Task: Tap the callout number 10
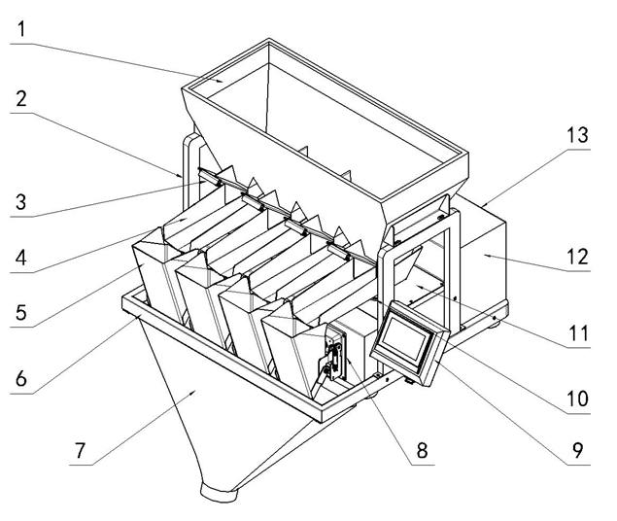(x=575, y=399)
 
